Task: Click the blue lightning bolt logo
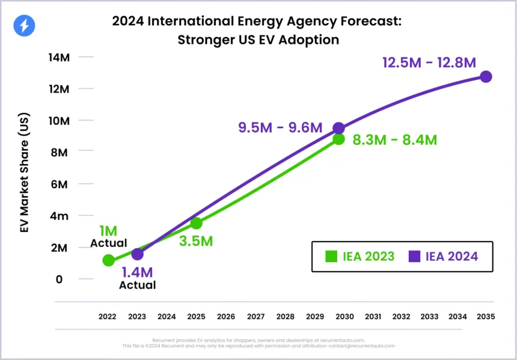25,25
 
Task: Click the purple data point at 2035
486,76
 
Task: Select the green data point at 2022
109,260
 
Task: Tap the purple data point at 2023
138,254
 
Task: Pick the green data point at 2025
196,223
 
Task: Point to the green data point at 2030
338,139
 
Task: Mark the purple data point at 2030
338,128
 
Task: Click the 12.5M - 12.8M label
429,62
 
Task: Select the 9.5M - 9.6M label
280,127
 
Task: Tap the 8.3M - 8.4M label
395,140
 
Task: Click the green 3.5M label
196,242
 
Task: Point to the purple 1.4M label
138,272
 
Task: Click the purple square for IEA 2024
414,257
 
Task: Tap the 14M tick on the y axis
60,57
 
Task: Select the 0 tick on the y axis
60,279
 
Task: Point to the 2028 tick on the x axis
285,316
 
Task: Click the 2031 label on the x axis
373,316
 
